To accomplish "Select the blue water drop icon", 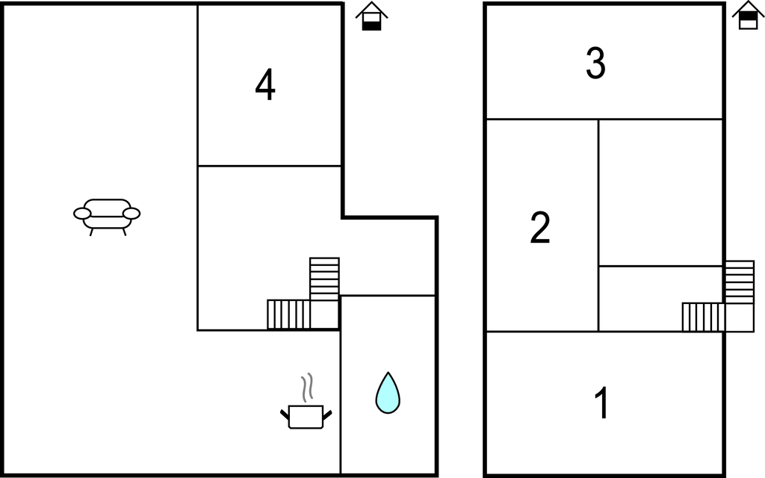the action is click(x=388, y=393).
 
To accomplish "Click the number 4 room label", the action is click(x=265, y=84).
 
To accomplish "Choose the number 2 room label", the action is click(x=540, y=227).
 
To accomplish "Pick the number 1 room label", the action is click(x=602, y=403).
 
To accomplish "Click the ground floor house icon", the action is click(x=372, y=16).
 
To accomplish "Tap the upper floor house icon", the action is click(x=749, y=15).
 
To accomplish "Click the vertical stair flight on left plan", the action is click(x=324, y=279).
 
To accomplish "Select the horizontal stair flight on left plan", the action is click(x=288, y=314).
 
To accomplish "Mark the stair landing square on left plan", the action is click(x=324, y=314).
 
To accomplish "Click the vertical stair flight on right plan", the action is click(x=740, y=282).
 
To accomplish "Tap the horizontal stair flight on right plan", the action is click(x=704, y=317).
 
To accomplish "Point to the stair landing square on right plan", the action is click(x=740, y=317).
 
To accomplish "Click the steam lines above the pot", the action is click(x=307, y=388).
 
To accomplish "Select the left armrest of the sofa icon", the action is click(x=82, y=214).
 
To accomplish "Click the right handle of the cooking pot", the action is click(x=327, y=415).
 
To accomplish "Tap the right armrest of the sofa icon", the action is click(x=131, y=214).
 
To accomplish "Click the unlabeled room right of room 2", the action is click(x=660, y=193).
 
